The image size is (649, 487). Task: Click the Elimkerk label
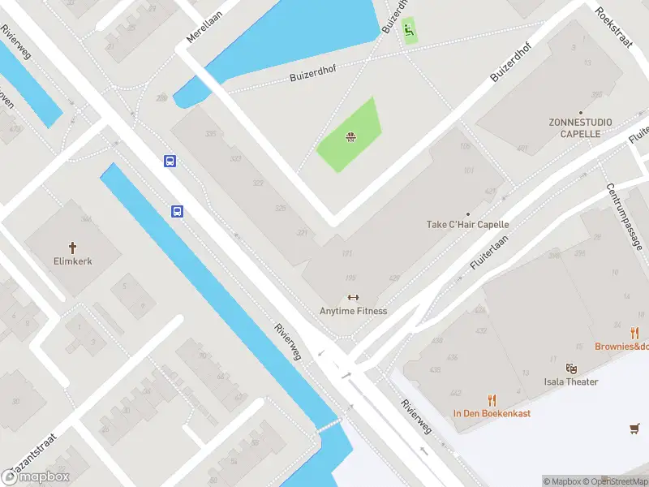(x=72, y=262)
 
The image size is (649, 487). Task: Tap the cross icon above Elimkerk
(x=72, y=247)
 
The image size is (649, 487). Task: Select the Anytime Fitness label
(x=353, y=311)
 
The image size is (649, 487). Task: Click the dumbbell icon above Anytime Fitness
(x=353, y=297)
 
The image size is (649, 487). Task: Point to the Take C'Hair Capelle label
(x=468, y=225)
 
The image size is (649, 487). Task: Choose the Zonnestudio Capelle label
(x=581, y=127)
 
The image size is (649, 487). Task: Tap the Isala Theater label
(x=571, y=381)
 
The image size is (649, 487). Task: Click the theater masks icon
(x=571, y=368)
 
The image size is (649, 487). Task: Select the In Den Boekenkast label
(x=492, y=413)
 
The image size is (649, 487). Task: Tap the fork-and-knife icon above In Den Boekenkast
(x=492, y=399)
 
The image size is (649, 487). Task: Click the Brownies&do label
(x=622, y=347)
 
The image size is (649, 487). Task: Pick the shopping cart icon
(x=635, y=428)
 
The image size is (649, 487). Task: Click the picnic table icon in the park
(x=350, y=136)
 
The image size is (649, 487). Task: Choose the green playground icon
(x=410, y=31)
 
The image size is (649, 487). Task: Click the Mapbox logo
(x=36, y=476)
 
